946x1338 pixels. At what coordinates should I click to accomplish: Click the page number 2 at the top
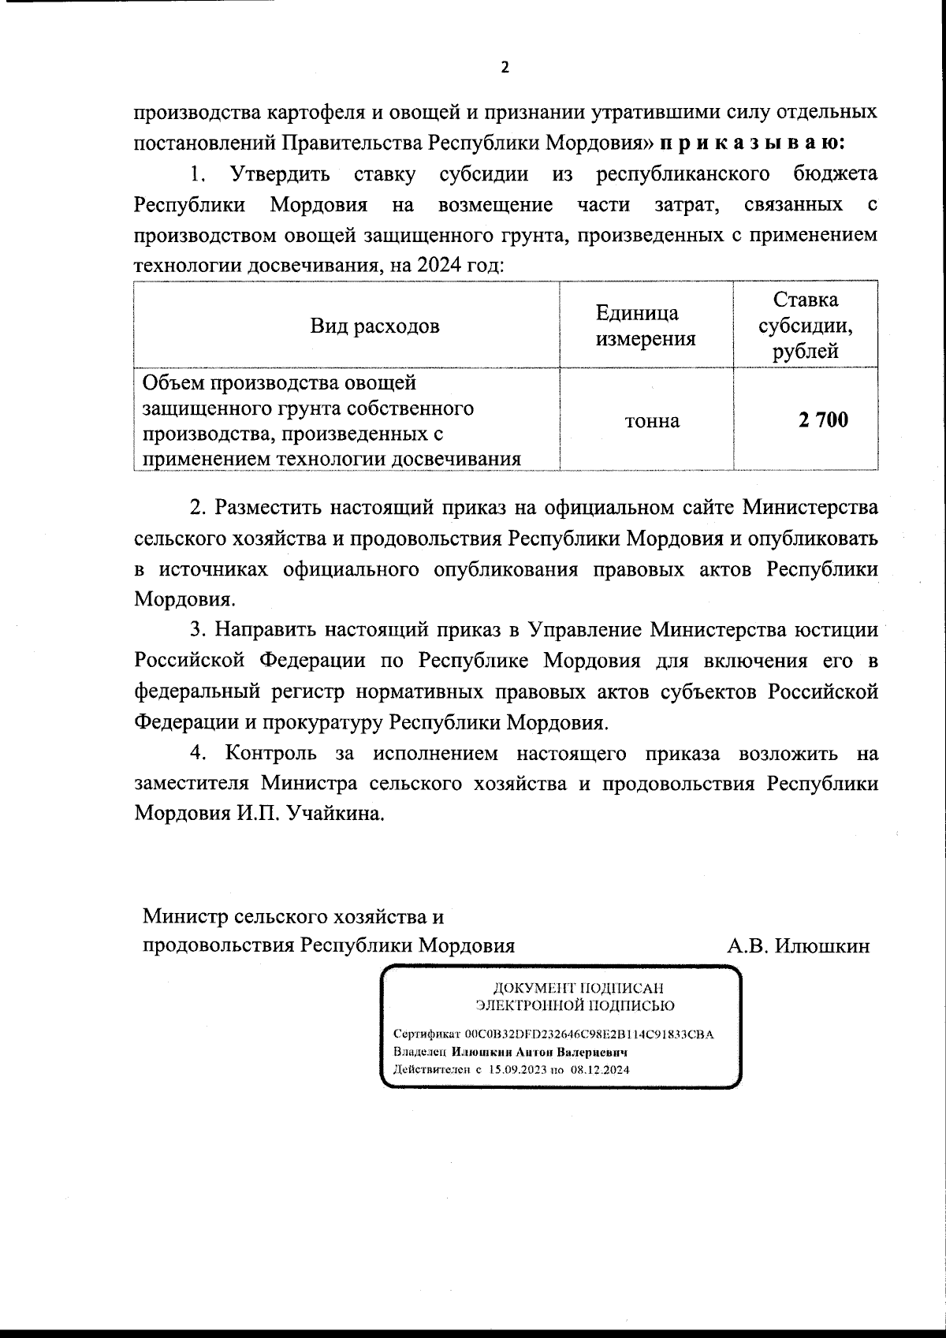point(505,68)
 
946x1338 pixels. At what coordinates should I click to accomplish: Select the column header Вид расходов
point(374,326)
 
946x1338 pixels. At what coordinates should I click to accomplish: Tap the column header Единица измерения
point(646,326)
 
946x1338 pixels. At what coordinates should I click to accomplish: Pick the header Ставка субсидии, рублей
point(805,326)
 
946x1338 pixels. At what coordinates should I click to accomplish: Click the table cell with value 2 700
point(823,420)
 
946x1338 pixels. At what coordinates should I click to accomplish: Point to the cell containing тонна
point(652,421)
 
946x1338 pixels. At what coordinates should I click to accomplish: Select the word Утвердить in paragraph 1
point(280,173)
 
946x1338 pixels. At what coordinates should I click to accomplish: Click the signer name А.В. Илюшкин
point(799,945)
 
